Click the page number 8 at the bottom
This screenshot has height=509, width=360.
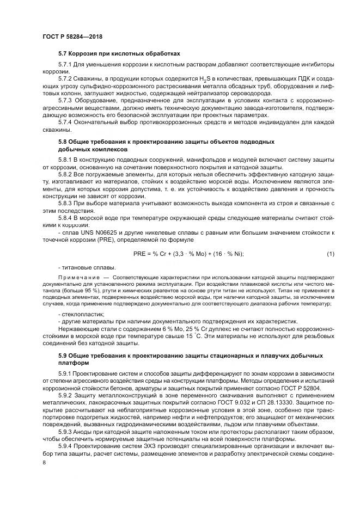pos(44,462)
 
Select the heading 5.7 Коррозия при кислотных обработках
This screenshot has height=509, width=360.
pos(119,53)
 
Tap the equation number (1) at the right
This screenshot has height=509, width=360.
pos(330,254)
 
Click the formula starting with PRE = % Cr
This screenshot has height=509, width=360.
pos(188,254)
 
